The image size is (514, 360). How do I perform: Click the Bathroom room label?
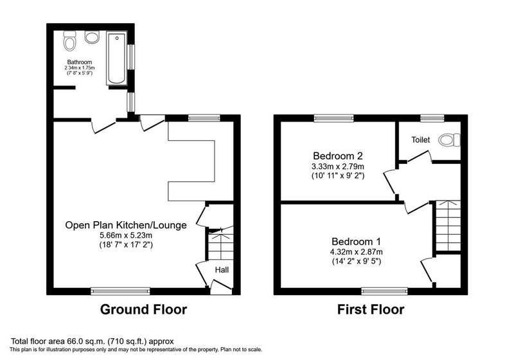click(x=80, y=62)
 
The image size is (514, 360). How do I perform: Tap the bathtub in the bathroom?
click(x=116, y=58)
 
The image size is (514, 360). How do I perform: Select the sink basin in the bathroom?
click(x=92, y=37)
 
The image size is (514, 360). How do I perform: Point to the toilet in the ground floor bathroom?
click(x=69, y=40)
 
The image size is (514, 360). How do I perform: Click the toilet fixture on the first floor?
click(x=449, y=140)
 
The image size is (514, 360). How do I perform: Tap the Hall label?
click(x=222, y=270)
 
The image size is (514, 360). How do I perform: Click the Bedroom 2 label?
click(x=338, y=156)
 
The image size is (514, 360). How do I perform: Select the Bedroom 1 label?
click(x=356, y=242)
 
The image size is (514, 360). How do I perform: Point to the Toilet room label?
click(x=421, y=139)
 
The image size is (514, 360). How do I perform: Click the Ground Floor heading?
click(x=143, y=309)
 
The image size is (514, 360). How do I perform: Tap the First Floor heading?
click(x=371, y=309)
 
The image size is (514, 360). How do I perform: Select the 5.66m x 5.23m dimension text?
click(x=126, y=235)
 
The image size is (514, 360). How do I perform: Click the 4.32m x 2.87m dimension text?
click(x=357, y=252)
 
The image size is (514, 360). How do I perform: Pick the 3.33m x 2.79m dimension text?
click(x=338, y=166)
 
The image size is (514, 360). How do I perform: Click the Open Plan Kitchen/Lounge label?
click(x=126, y=225)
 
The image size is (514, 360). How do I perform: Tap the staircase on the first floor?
click(x=448, y=226)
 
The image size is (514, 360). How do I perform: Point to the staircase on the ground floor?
click(x=221, y=244)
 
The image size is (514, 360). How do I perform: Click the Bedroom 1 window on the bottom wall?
click(x=384, y=291)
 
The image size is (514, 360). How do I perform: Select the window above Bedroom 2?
click(x=333, y=118)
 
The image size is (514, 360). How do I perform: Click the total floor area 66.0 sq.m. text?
click(x=93, y=341)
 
